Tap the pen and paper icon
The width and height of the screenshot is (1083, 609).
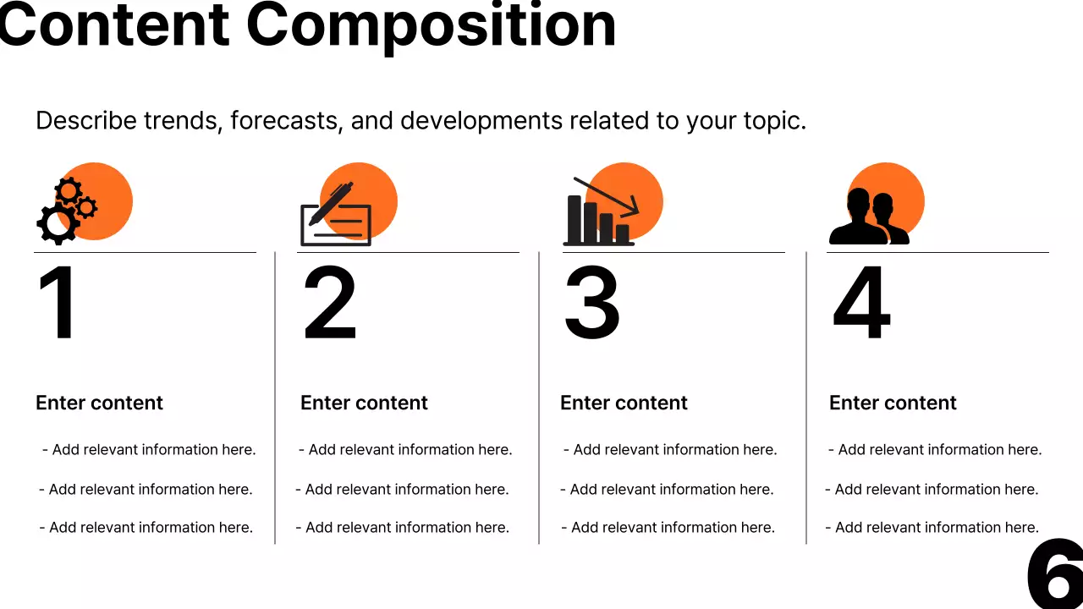pos(337,217)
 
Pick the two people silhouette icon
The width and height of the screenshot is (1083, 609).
pos(870,217)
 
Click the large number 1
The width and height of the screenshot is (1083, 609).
pos(58,304)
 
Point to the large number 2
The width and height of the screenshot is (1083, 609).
pos(330,304)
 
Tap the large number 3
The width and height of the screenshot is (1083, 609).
pos(591,304)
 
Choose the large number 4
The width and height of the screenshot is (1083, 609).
pos(862,304)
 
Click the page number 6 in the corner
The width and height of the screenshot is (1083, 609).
pos(1056,575)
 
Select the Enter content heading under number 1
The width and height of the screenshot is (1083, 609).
pos(99,403)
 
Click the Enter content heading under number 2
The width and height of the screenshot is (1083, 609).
pos(364,403)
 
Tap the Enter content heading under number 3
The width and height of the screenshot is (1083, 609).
pos(624,403)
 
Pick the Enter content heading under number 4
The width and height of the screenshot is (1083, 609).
pos(893,403)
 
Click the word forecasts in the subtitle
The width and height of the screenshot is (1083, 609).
pos(286,121)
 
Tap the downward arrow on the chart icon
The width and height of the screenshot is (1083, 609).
pos(607,195)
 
